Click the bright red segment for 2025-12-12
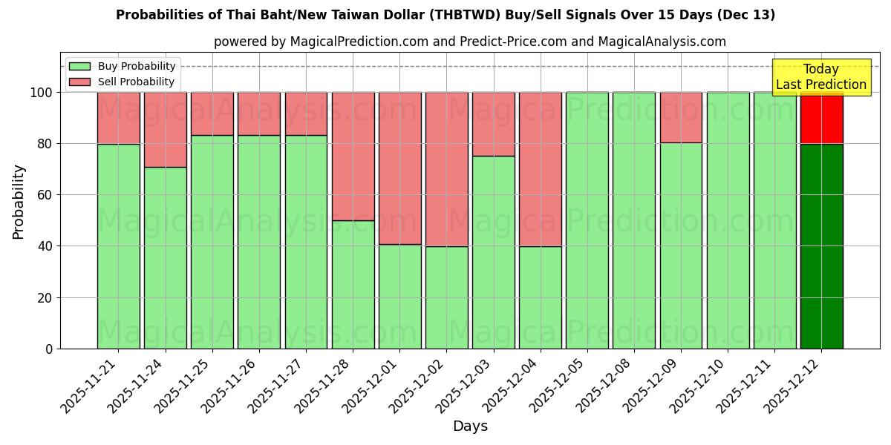pyautogui.click(x=821, y=119)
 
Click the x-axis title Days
pyautogui.click(x=470, y=426)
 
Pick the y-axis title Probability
pyautogui.click(x=19, y=202)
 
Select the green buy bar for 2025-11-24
pyautogui.click(x=165, y=258)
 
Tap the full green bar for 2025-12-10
pyautogui.click(x=728, y=220)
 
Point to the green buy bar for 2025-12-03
pyautogui.click(x=494, y=252)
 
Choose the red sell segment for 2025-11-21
pyautogui.click(x=118, y=118)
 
